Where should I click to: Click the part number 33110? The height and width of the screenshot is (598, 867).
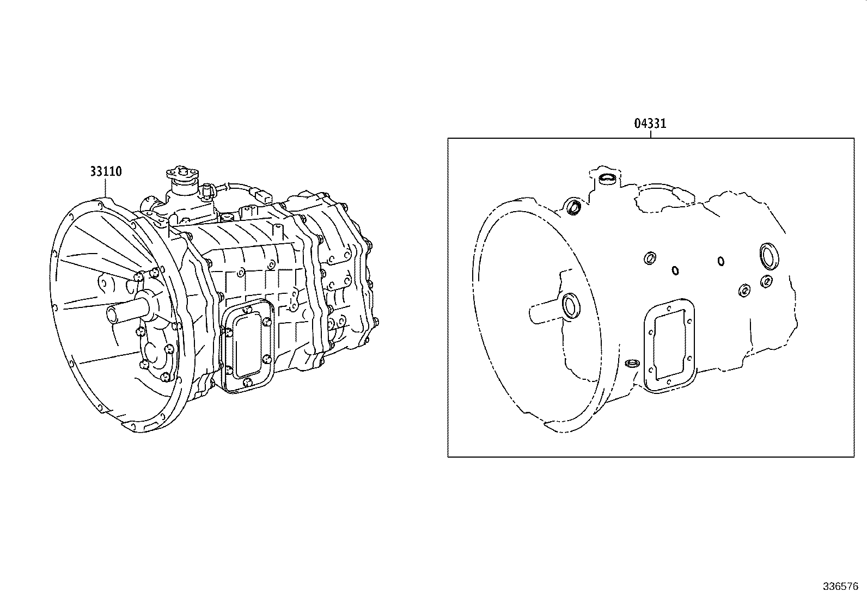[106, 172]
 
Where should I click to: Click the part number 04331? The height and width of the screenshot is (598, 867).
[650, 124]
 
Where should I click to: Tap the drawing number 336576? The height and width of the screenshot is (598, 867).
[840, 587]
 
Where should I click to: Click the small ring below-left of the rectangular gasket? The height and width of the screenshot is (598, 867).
[632, 363]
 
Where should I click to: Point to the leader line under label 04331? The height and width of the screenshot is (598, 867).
[650, 134]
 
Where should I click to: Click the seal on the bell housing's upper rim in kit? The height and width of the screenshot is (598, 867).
[573, 207]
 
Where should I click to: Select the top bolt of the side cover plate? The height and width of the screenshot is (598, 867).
[248, 309]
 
